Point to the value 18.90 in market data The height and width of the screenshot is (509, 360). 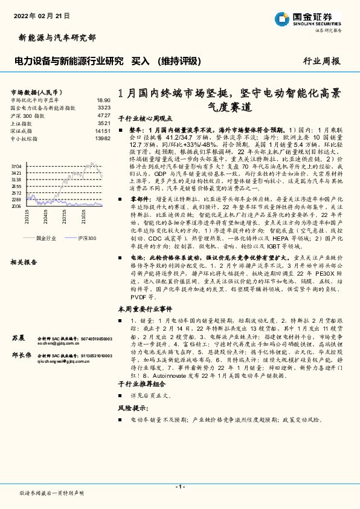103,100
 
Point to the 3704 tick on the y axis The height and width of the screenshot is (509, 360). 16,166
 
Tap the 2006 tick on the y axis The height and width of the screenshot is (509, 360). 16,206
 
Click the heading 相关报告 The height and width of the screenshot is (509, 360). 24,262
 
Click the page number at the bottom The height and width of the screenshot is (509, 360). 180,486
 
